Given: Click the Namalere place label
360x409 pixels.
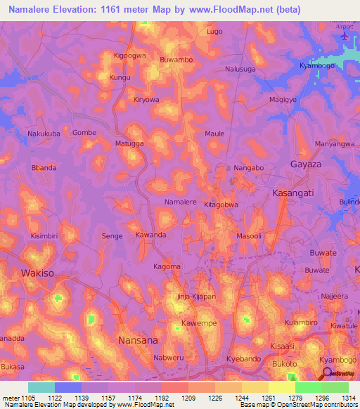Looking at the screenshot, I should coord(180,202).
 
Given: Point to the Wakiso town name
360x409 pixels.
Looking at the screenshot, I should coord(38,273).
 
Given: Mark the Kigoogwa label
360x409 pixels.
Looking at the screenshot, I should coord(129,54).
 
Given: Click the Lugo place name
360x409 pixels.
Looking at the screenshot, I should coord(214,32).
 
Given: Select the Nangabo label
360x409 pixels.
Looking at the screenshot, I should coord(248,168).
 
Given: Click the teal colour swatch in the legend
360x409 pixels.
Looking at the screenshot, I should coord(41,387).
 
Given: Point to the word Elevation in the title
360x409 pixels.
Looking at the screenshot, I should coord(85,10).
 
